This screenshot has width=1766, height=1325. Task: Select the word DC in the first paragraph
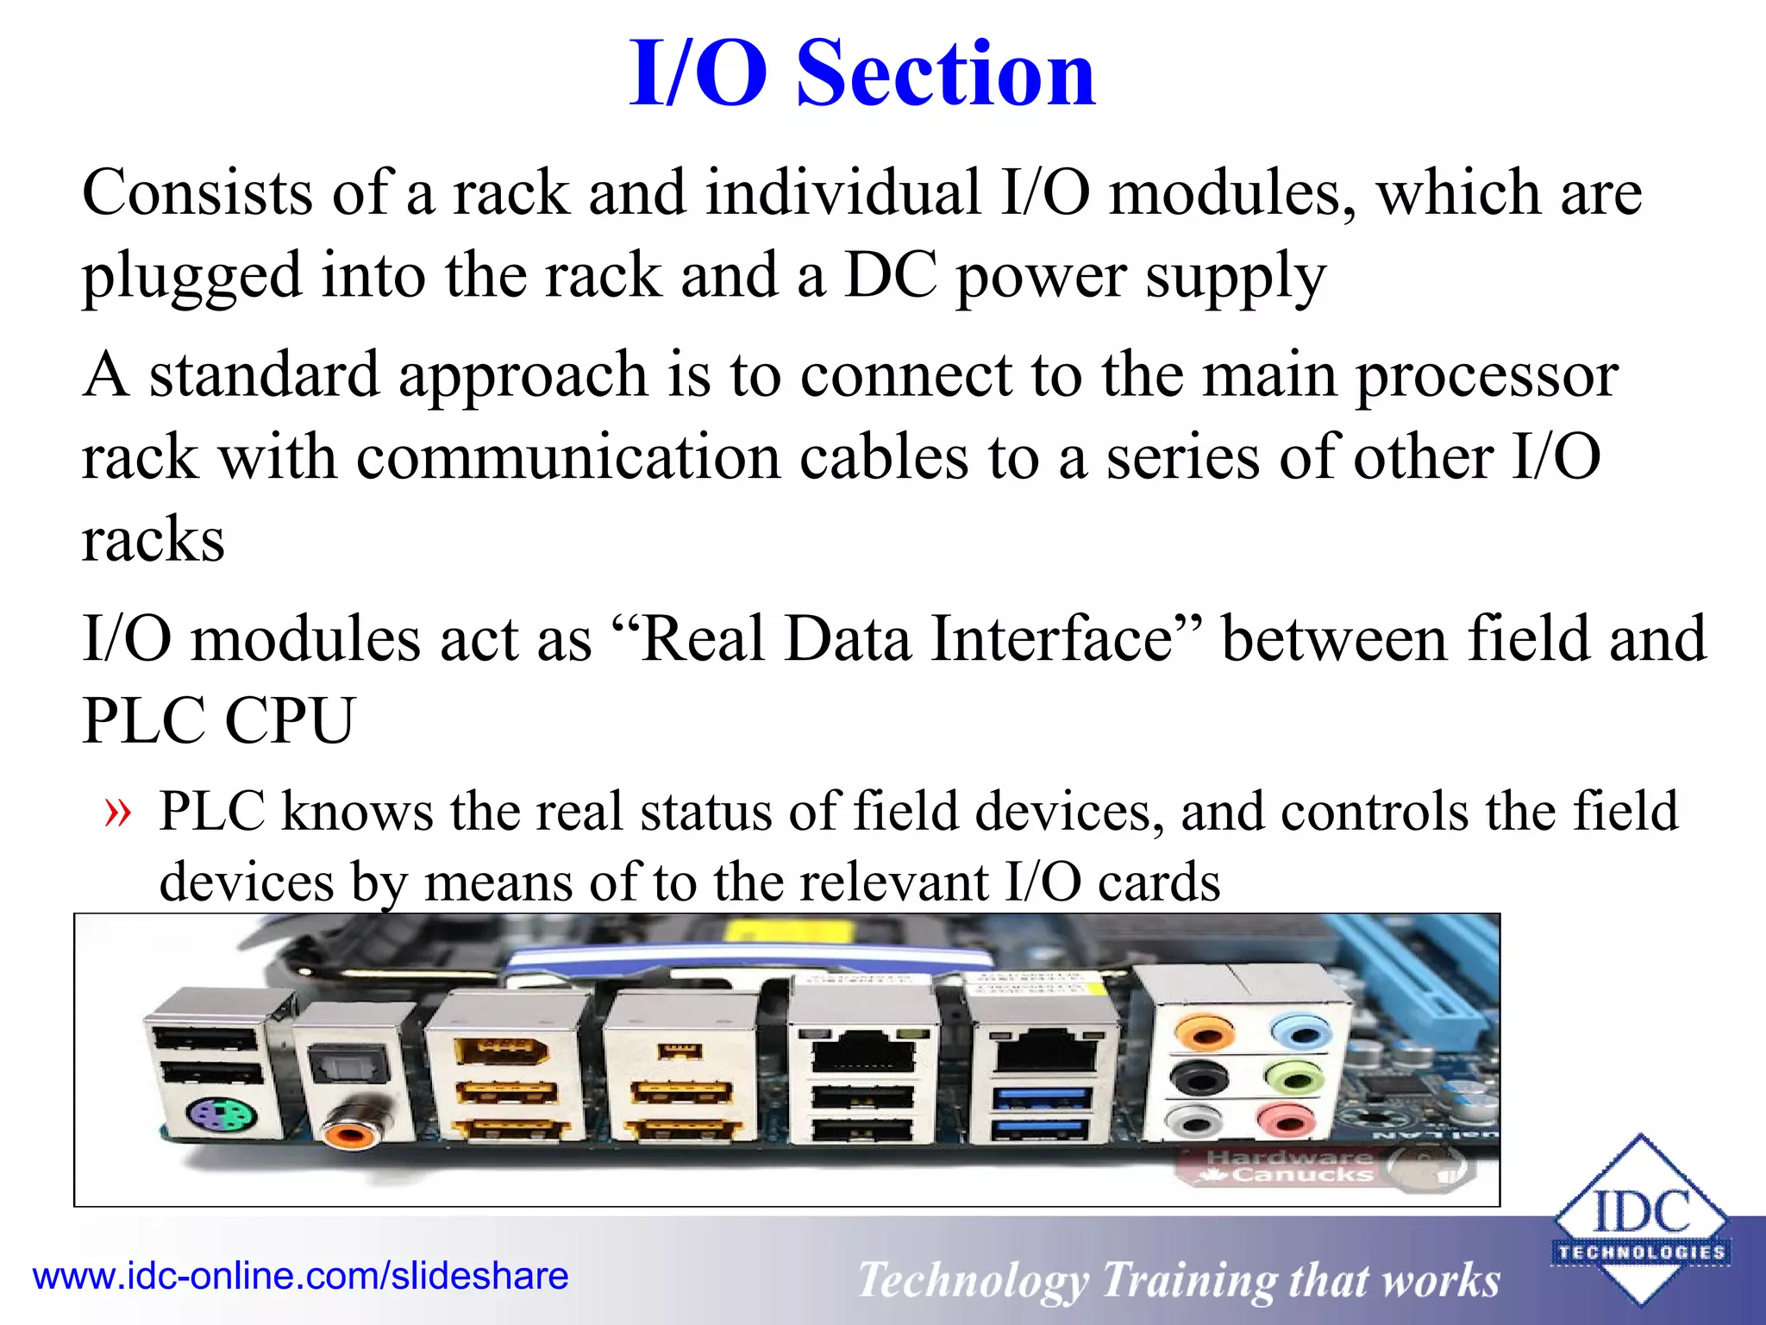[x=890, y=275]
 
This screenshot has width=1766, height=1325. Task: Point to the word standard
[x=264, y=374]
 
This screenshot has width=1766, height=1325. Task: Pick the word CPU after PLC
[x=290, y=721]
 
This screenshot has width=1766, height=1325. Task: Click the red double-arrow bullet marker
[x=118, y=813]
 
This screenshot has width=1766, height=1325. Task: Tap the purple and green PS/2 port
[x=222, y=1119]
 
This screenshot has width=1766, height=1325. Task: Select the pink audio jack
[x=1286, y=1121]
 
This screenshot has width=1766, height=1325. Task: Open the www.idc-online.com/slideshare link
[x=300, y=1276]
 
